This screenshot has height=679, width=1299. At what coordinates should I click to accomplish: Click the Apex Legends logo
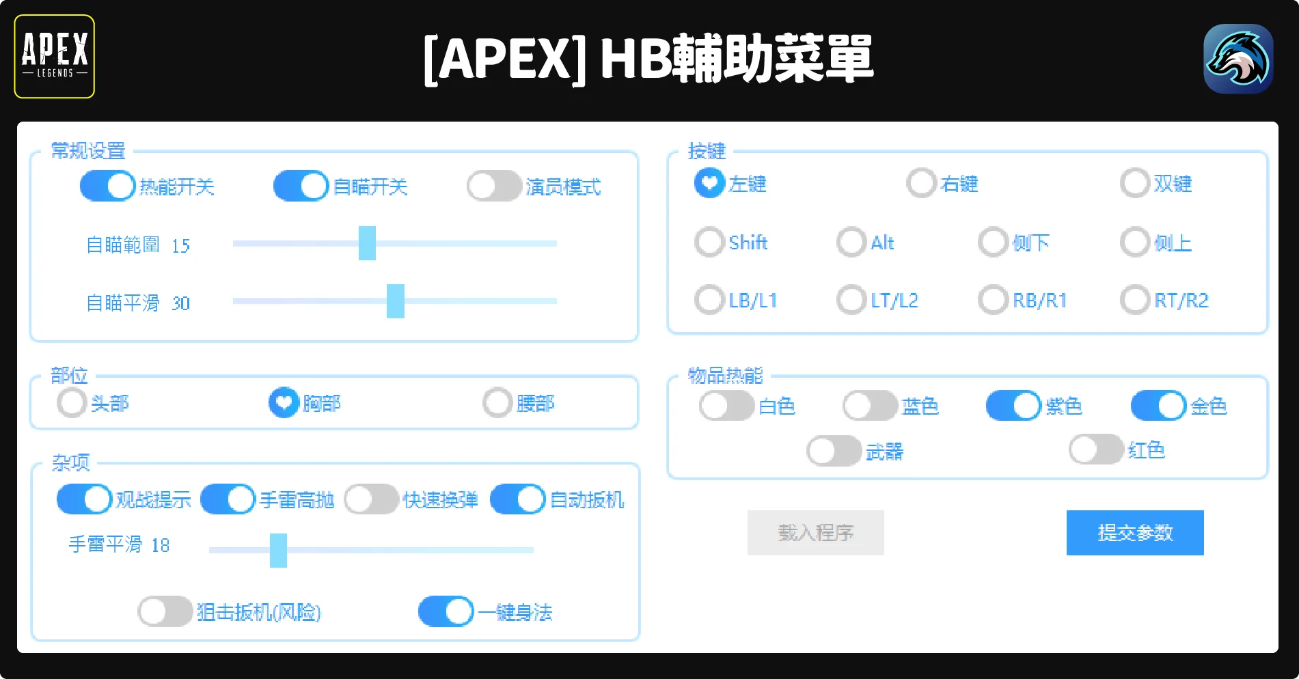pos(55,57)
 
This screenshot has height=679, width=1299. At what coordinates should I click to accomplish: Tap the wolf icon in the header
pos(1238,59)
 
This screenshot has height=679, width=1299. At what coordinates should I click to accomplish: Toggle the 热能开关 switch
pos(108,186)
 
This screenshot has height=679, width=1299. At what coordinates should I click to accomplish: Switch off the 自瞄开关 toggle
pos(301,186)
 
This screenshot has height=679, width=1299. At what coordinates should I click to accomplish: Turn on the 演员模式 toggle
pos(494,186)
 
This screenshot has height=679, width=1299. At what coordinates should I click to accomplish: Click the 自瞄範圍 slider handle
pos(367,243)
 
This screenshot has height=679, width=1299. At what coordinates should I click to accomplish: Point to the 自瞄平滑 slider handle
pos(395,301)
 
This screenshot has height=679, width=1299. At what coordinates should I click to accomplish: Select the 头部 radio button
pos(72,403)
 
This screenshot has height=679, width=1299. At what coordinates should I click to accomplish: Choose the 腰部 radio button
pos(497,403)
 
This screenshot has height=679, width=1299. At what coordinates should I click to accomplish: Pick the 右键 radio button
pos(921,183)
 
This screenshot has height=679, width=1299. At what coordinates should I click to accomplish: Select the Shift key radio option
pos(709,242)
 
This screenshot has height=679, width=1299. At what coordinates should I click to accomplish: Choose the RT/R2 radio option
pos(1135,300)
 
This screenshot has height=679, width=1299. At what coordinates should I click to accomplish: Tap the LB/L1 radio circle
pos(709,300)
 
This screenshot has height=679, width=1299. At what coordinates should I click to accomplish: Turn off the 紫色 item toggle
pos(1013,406)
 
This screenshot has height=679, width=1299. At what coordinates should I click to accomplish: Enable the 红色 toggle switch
pos(1096,449)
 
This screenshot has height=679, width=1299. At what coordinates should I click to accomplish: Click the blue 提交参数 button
pos(1134,533)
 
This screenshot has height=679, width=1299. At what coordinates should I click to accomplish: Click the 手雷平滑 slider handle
pos(278,551)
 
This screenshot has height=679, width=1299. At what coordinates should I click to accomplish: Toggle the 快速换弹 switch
pos(371,499)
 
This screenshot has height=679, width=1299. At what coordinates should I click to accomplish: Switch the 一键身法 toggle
pos(446,611)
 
